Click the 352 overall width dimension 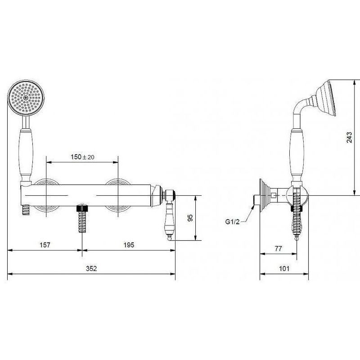pyautogui.click(x=91, y=268)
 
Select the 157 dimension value pyautogui.click(x=45, y=245)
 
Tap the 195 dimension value pyautogui.click(x=129, y=245)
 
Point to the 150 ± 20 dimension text pyautogui.click(x=82, y=157)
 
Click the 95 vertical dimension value pyautogui.click(x=190, y=218)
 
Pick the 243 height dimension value pyautogui.click(x=349, y=137)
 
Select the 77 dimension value pyautogui.click(x=278, y=249)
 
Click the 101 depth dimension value pyautogui.click(x=284, y=268)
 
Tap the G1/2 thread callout pyautogui.click(x=232, y=221)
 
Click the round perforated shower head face pyautogui.click(x=26, y=97)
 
